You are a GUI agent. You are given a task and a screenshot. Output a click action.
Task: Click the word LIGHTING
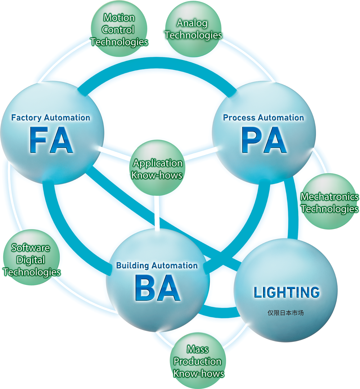click(x=287, y=292)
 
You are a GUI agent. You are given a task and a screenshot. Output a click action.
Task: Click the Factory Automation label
click(x=51, y=117)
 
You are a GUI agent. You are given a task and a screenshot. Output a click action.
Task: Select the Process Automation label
click(x=264, y=117)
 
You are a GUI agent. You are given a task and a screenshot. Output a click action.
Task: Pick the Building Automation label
click(x=157, y=265)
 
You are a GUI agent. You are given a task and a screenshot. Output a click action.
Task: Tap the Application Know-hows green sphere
click(x=157, y=168)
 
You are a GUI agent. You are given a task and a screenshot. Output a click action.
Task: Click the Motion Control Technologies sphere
click(x=119, y=30)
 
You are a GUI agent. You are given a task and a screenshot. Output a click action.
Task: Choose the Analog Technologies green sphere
click(x=193, y=29)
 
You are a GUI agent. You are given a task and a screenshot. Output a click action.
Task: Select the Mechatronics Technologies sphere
click(x=329, y=202)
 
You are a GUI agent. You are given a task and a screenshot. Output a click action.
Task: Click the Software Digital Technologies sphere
click(x=31, y=259)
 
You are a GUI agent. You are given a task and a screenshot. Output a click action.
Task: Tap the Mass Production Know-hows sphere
click(x=198, y=361)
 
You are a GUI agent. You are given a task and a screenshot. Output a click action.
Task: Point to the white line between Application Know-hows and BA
click(x=157, y=213)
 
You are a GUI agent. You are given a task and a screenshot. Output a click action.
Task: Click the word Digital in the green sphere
click(x=31, y=260)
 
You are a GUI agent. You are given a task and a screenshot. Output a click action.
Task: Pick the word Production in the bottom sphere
click(x=198, y=361)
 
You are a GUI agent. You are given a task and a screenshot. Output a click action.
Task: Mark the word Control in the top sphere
click(x=118, y=30)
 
